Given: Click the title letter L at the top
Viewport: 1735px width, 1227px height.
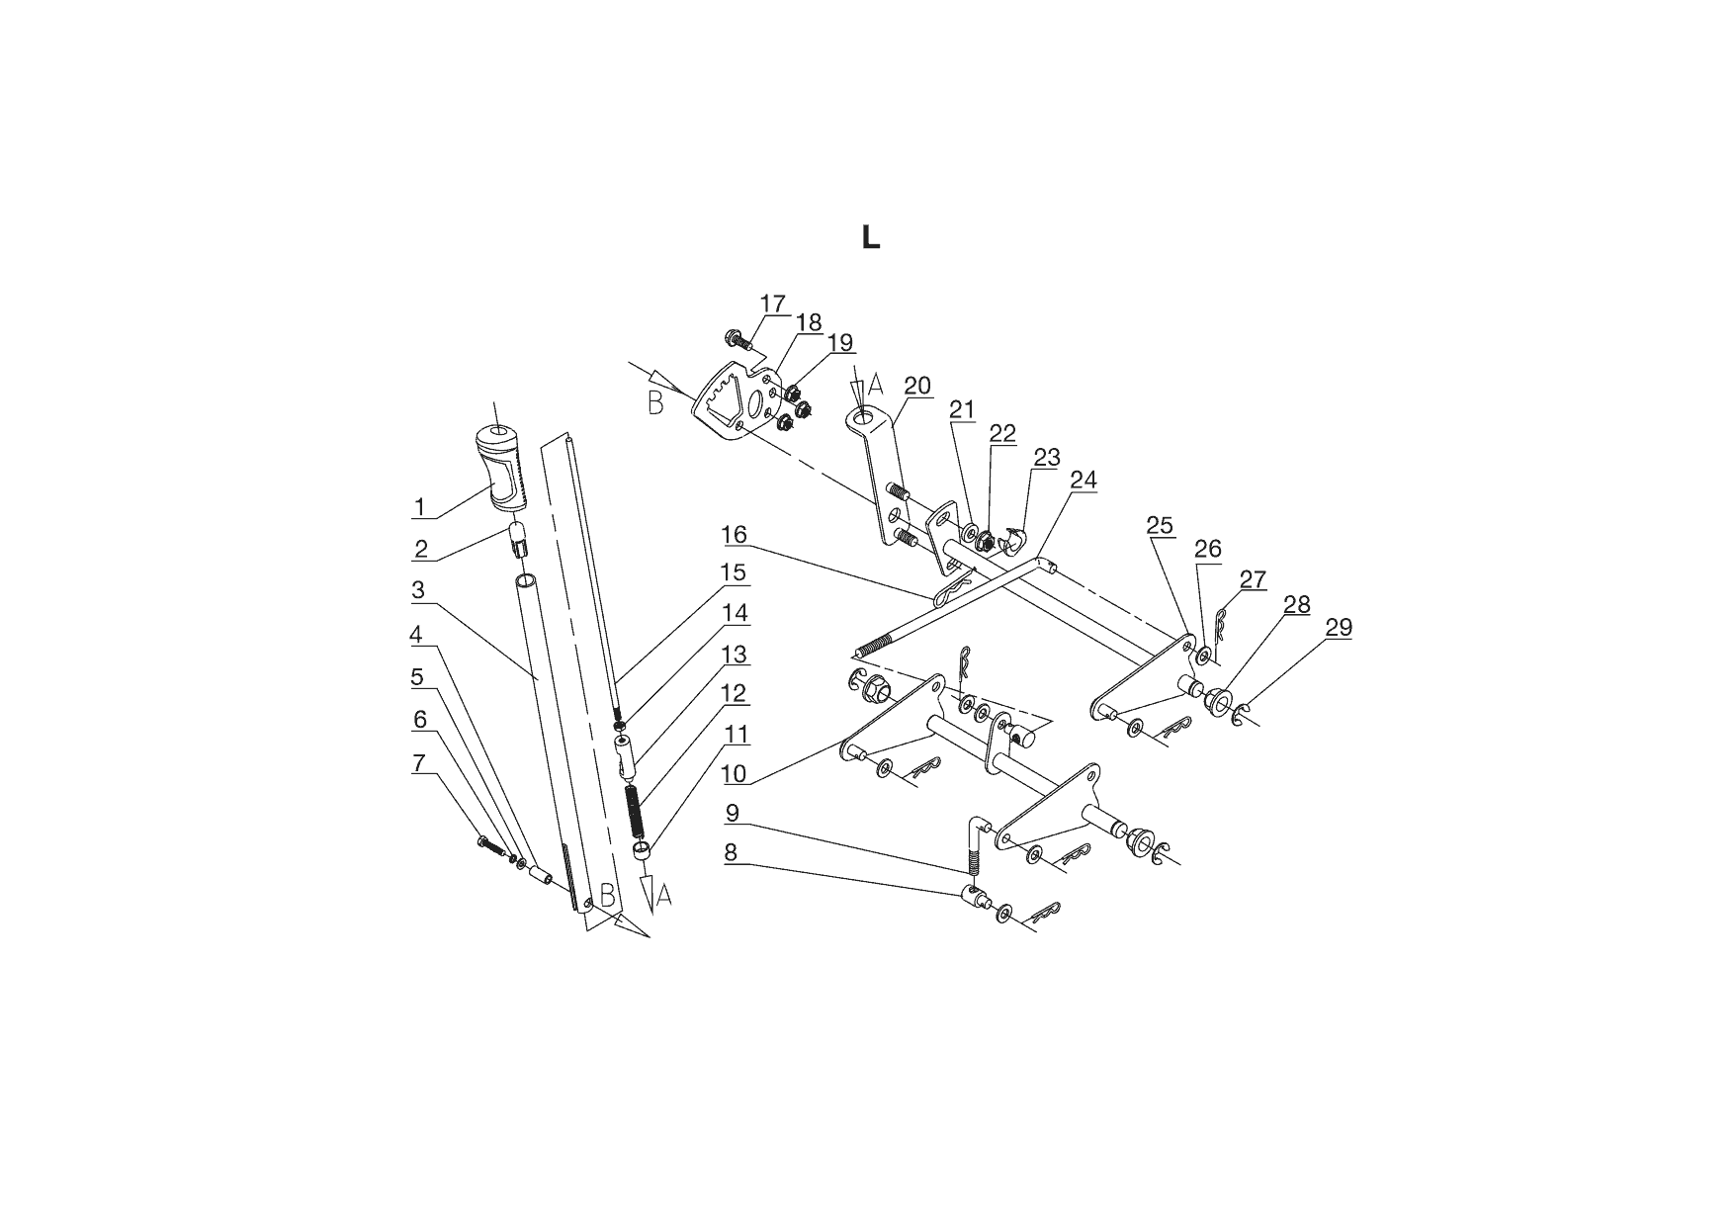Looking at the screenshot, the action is tap(871, 237).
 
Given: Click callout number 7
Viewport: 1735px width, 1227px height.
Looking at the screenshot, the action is tap(419, 763).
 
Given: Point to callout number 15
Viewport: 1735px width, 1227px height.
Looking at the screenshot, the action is tap(733, 572).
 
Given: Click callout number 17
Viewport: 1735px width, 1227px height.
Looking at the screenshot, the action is tap(773, 303).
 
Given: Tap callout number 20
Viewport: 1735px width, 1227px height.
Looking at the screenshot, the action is tap(917, 386).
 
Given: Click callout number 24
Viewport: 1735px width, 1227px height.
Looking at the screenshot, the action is tap(1084, 480).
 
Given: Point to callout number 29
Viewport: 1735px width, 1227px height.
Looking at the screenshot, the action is tap(1339, 627).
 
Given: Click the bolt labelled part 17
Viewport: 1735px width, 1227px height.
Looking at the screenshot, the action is tap(737, 338).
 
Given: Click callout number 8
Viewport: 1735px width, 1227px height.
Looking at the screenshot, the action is tap(732, 852).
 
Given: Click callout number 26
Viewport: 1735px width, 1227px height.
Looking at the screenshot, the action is tap(1208, 549).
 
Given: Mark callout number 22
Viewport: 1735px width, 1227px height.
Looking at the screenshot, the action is tap(1002, 434).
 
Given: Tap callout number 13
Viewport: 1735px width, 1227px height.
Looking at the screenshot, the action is tap(735, 655).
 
